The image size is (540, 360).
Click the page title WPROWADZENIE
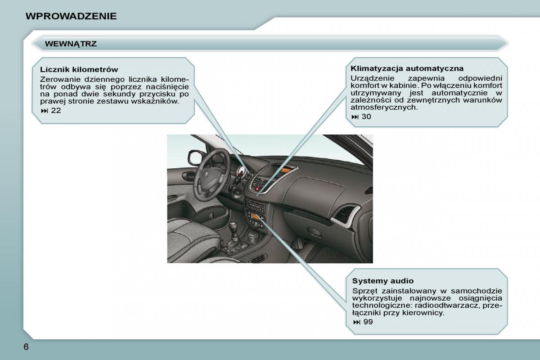(71, 17)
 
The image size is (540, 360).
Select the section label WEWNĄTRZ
(71, 44)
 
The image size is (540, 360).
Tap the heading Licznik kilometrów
(79, 69)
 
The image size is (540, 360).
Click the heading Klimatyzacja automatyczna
(407, 68)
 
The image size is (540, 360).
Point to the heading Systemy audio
(382, 281)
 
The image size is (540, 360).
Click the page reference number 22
(56, 110)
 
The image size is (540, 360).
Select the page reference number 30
(366, 117)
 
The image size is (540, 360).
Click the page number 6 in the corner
(26, 347)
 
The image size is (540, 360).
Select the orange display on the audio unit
(255, 218)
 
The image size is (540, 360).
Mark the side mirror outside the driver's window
(195, 157)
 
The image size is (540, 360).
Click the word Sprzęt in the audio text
(364, 291)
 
